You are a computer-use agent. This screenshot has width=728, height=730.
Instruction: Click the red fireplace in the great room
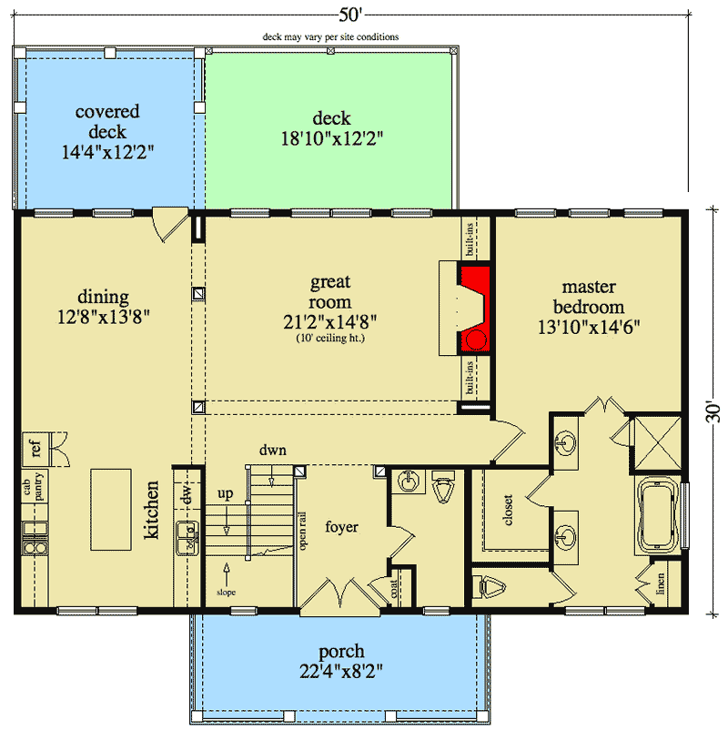click(x=474, y=309)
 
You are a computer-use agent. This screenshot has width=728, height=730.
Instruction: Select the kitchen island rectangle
click(x=111, y=510)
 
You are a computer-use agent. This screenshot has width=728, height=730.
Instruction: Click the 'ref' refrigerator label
click(x=35, y=448)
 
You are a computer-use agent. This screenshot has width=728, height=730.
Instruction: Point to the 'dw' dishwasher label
click(x=187, y=494)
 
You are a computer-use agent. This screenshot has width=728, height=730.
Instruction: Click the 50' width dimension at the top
click(x=350, y=15)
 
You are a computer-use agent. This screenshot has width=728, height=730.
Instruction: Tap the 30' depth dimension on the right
click(x=713, y=411)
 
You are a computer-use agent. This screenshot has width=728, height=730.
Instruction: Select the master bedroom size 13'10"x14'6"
click(x=589, y=328)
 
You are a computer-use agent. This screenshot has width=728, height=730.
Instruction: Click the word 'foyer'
click(x=341, y=526)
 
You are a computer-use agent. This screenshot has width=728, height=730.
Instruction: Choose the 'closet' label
click(x=508, y=510)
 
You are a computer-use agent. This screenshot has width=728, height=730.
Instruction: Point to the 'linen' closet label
click(x=660, y=583)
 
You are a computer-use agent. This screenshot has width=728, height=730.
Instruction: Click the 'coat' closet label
click(x=394, y=589)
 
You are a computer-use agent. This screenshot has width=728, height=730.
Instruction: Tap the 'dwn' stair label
click(x=273, y=451)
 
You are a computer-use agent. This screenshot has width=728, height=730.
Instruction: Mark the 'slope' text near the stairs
click(x=227, y=593)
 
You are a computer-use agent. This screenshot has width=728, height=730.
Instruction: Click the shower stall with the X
click(x=657, y=443)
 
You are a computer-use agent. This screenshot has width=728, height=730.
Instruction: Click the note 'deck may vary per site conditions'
click(x=330, y=36)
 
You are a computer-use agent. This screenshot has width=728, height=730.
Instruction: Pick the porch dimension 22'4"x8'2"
click(x=341, y=672)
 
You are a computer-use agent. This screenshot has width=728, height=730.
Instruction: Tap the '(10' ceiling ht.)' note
click(x=330, y=338)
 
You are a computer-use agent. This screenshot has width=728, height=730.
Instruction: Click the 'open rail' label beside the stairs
click(x=303, y=531)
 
